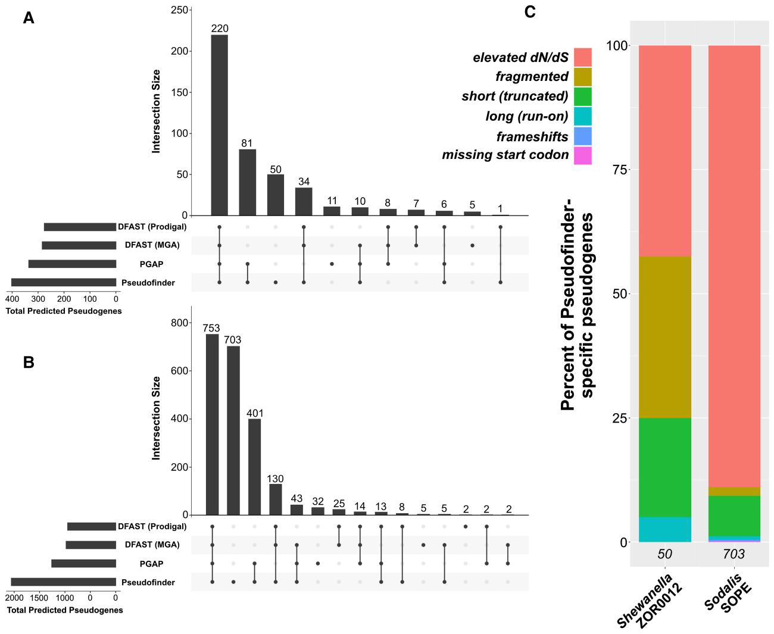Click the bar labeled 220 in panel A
[x=219, y=125]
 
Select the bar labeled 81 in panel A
[x=247, y=182]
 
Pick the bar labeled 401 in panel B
[x=254, y=467]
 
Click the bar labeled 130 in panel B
[x=276, y=499]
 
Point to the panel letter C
[x=530, y=12]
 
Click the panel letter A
[x=29, y=18]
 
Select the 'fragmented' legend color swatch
[x=582, y=77]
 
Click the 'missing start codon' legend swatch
[x=582, y=155]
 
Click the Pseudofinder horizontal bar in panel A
[x=64, y=283]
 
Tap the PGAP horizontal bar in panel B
[x=83, y=564]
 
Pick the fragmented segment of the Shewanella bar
[x=664, y=337]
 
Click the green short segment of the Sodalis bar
[x=734, y=516]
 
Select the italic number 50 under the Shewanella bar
[x=664, y=554]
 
